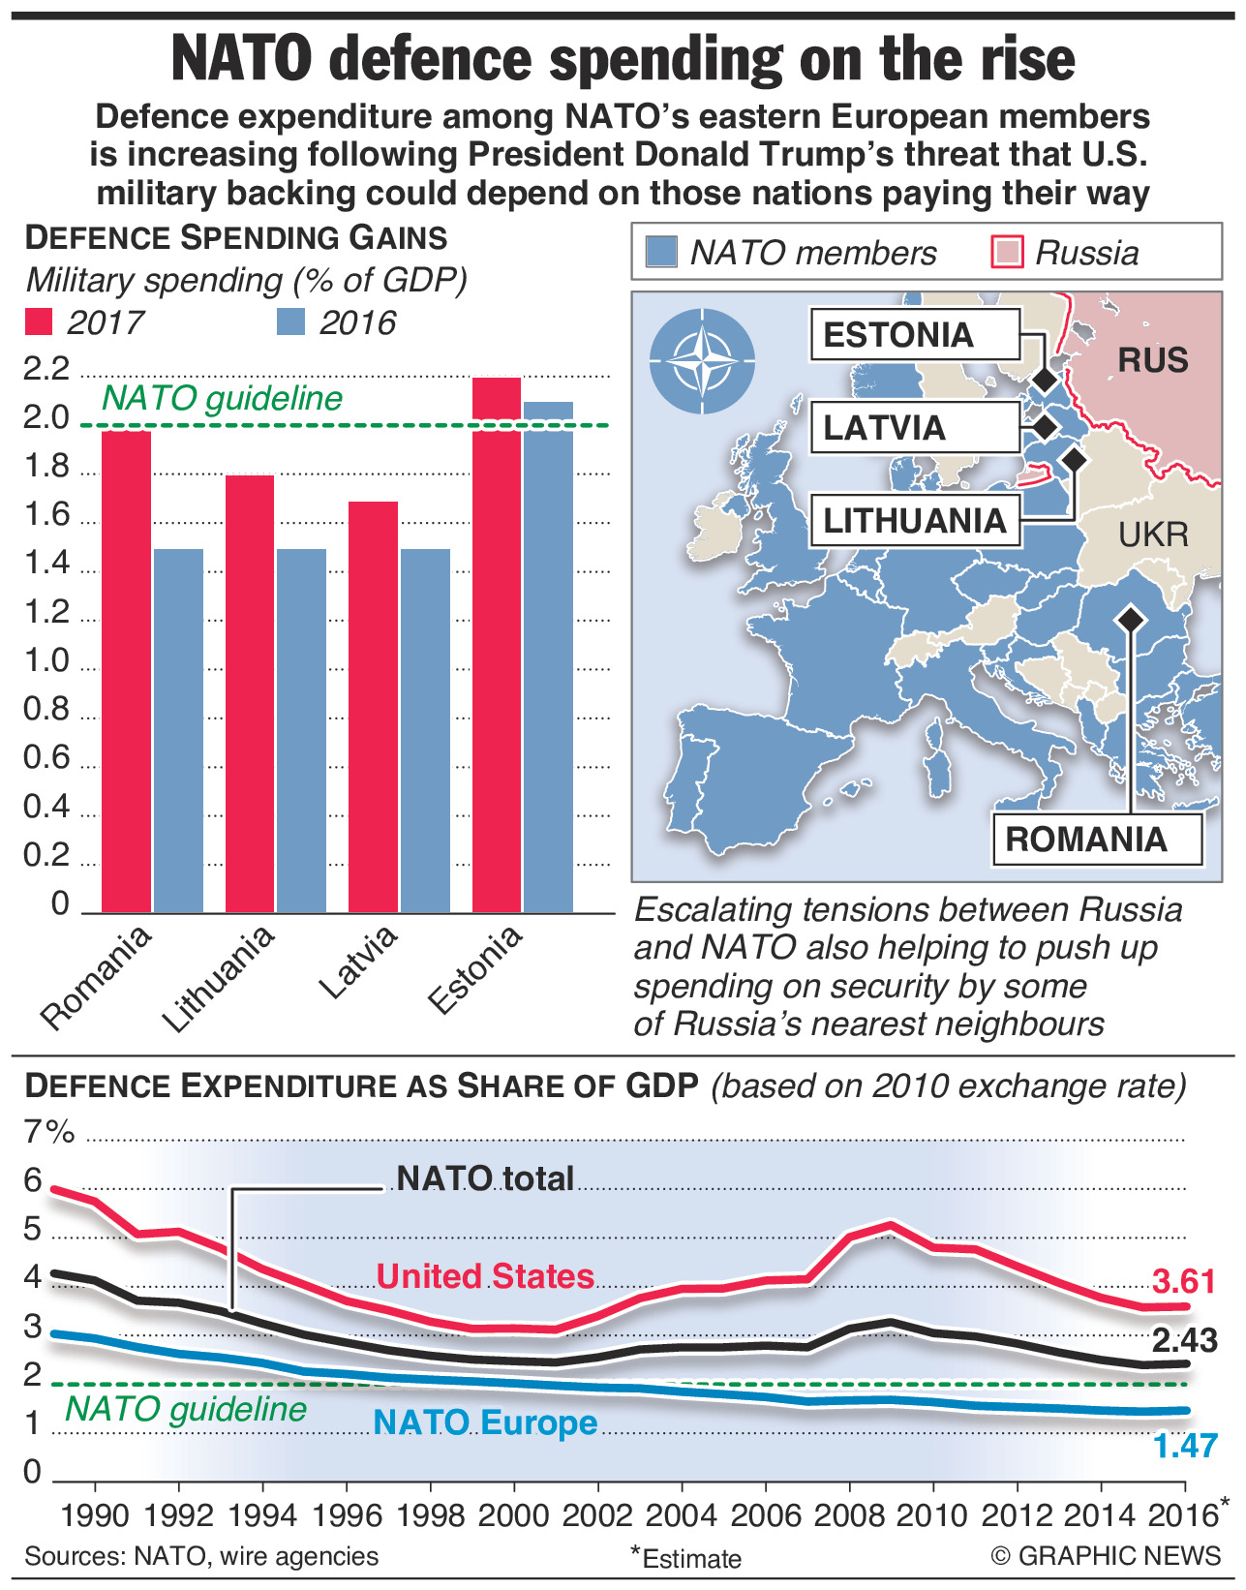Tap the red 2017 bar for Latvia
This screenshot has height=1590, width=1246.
374,707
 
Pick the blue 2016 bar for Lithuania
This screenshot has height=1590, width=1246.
301,730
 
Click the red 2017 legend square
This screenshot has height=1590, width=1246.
39,321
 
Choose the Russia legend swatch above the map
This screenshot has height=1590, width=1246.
1008,253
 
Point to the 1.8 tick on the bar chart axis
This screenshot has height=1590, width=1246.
46,468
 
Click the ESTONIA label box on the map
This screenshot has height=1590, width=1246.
914,335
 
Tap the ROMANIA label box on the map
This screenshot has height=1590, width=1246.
1096,839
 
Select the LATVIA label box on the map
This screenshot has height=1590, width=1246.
914,428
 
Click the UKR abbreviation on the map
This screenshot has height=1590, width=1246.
1153,535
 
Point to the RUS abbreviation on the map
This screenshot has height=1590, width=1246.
1152,361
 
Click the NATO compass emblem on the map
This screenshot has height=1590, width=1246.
702,360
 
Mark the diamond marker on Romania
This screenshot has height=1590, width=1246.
1129,619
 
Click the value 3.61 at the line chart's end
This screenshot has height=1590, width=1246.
1183,1281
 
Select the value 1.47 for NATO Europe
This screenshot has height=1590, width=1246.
1184,1446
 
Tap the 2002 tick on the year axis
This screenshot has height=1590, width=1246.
597,1514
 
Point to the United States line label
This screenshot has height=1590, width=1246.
485,1276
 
